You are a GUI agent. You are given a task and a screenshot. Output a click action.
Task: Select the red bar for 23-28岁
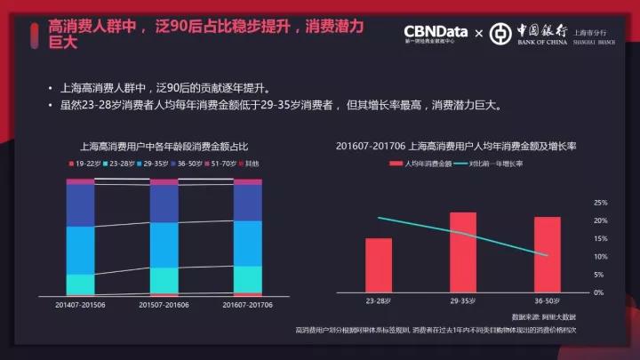[379, 265]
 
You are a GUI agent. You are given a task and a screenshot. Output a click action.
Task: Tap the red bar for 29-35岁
[463, 252]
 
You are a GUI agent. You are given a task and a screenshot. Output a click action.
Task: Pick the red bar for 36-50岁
[547, 254]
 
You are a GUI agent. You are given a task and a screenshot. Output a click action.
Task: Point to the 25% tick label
[600, 203]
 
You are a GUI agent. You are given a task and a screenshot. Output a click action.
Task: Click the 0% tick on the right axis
[602, 292]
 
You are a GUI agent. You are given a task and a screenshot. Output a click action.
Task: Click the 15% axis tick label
[600, 239]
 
